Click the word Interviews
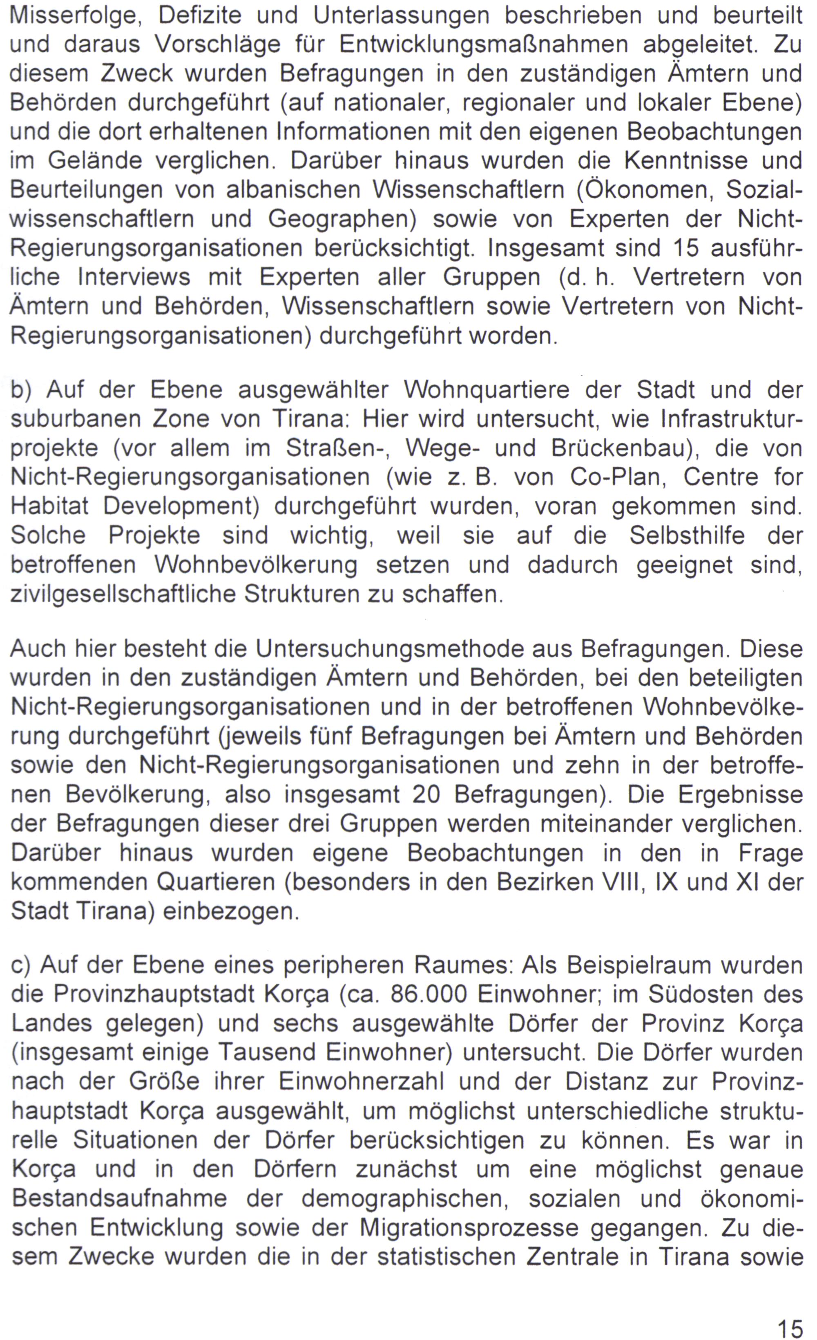[134, 277]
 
